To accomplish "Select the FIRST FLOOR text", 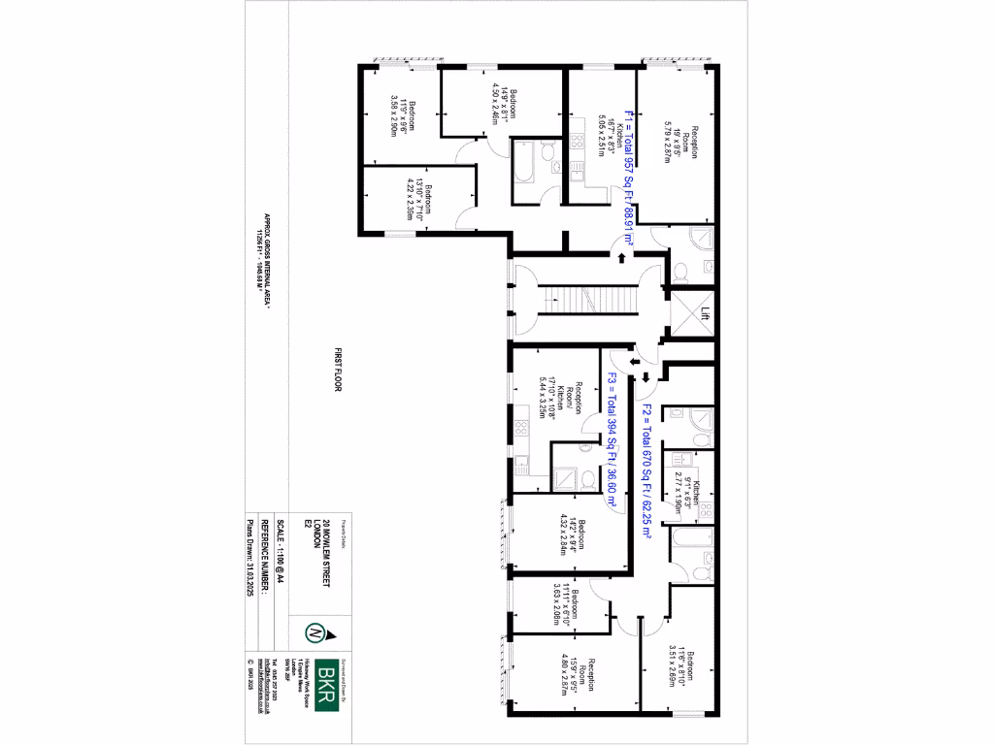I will (x=340, y=368).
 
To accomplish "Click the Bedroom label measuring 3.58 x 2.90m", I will (x=401, y=117).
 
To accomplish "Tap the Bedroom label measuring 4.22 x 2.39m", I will (x=418, y=201).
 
